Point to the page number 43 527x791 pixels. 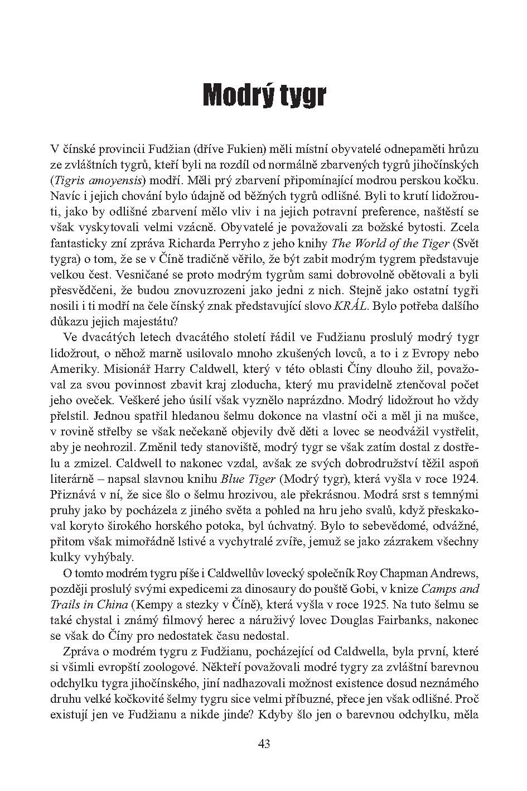(264, 744)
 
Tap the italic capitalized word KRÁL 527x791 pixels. (351, 306)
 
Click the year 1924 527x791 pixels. (462, 478)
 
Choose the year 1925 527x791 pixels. (389, 603)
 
